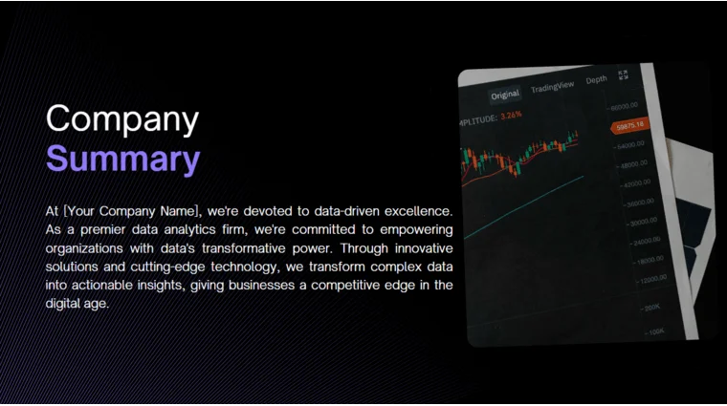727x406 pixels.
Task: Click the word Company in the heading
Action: pyautogui.click(x=122, y=119)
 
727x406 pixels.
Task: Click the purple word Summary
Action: pyautogui.click(x=122, y=159)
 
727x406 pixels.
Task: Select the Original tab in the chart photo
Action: pyautogui.click(x=505, y=94)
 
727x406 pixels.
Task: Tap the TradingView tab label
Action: pyautogui.click(x=552, y=88)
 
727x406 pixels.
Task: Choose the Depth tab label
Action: pyautogui.click(x=596, y=80)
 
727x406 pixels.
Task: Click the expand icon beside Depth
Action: pyautogui.click(x=623, y=75)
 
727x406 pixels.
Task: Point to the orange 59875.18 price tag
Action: pyautogui.click(x=630, y=125)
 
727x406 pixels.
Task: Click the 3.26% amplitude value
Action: pyautogui.click(x=512, y=116)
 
